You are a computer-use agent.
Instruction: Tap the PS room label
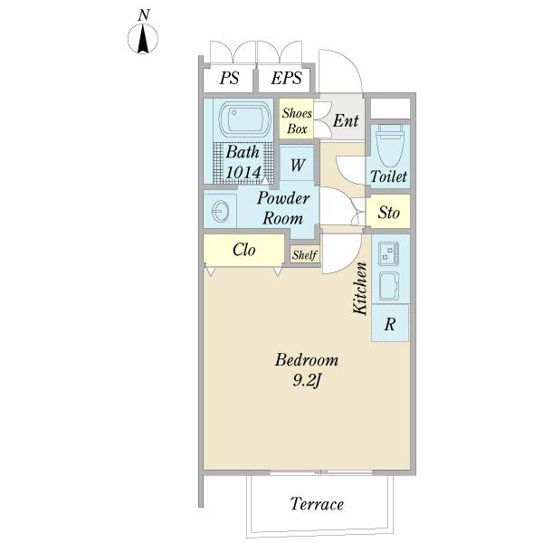[x=229, y=78]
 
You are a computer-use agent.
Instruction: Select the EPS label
[x=286, y=78]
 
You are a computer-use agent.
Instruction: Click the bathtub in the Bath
[x=245, y=119]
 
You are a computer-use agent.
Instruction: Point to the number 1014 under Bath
[x=243, y=173]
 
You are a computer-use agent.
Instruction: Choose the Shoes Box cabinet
[x=297, y=118]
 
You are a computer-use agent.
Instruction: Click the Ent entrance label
[x=346, y=121]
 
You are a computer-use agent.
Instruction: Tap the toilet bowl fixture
[x=390, y=145]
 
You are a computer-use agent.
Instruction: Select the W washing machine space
[x=297, y=164]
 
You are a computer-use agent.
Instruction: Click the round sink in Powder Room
[x=220, y=211]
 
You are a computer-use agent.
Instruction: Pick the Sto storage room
[x=388, y=211]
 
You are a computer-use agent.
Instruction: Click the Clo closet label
[x=243, y=250]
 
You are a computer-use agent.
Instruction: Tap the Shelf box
[x=304, y=254]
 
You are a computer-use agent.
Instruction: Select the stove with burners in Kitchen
[x=388, y=253]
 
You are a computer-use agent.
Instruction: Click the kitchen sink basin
[x=388, y=286]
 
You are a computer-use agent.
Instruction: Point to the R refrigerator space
[x=390, y=323]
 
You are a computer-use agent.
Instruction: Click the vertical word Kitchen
[x=360, y=289]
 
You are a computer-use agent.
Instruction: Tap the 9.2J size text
[x=306, y=381]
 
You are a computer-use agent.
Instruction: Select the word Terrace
[x=317, y=503]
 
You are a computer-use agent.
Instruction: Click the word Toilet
[x=388, y=176]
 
